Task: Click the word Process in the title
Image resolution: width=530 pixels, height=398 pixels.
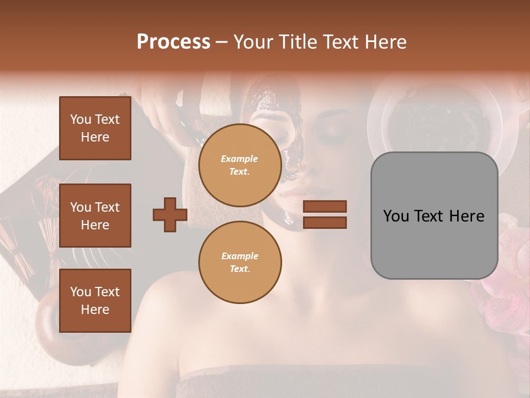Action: [173, 42]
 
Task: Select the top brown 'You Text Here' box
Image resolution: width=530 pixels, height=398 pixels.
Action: [95, 128]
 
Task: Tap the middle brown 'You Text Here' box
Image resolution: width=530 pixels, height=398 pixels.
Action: [95, 216]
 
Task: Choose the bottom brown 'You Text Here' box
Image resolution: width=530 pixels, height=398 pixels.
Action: [95, 300]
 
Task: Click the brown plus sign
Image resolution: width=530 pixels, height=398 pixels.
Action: [170, 214]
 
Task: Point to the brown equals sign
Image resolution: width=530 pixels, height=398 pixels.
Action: [325, 214]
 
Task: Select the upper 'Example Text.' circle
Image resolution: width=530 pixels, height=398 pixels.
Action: [240, 165]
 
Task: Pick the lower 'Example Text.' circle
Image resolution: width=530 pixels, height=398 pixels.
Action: [240, 262]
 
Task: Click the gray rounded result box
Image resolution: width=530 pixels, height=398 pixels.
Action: [434, 216]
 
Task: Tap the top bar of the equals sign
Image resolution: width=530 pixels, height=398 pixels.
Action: [325, 207]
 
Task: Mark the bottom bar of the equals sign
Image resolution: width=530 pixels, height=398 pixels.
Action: [325, 222]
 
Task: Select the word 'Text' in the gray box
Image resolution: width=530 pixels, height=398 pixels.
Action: [433, 216]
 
